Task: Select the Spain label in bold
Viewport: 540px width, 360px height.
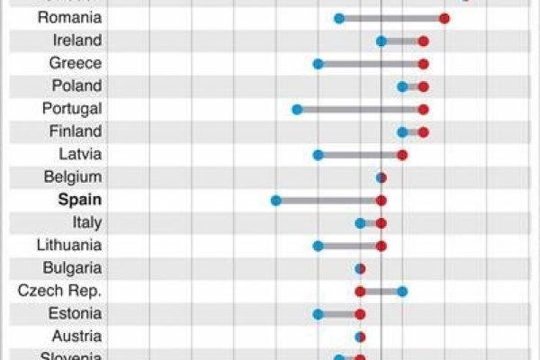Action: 79,200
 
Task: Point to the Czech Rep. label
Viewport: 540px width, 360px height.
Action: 59,291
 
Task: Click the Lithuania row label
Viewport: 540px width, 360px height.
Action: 69,245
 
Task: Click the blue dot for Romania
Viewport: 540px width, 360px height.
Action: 338,18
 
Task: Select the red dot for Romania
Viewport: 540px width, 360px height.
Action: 445,18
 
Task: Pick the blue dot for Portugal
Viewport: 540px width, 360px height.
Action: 296,109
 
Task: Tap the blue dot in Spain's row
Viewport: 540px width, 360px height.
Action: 275,200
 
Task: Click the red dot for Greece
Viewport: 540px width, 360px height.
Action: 423,64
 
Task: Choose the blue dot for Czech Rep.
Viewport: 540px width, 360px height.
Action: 402,291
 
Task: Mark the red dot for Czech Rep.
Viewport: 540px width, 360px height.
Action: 360,291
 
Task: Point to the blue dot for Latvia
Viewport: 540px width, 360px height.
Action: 318,155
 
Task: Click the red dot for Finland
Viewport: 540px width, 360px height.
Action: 423,131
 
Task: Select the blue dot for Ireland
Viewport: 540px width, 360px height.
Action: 381,40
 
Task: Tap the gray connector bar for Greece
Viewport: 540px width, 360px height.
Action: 370,64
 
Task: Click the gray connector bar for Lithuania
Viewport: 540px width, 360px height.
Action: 349,245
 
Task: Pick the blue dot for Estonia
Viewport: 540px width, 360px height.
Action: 318,313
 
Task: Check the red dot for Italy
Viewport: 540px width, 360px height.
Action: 381,222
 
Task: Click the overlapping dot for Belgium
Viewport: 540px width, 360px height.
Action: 381,177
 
